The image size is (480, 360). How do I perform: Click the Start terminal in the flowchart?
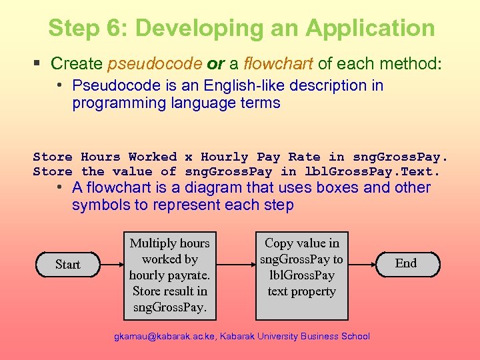[x=67, y=265]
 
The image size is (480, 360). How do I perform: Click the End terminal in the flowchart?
[x=405, y=263]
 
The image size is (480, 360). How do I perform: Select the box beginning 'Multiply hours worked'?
[x=169, y=275]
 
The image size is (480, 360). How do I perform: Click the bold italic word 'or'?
[x=215, y=64]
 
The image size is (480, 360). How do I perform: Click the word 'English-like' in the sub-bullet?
[x=223, y=85]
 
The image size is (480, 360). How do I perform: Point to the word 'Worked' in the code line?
[x=153, y=157]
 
